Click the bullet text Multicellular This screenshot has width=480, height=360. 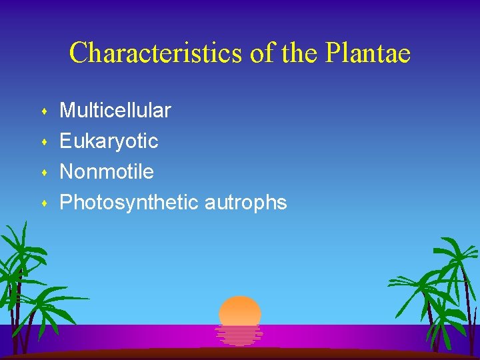point(115,110)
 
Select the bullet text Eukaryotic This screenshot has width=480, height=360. point(109,141)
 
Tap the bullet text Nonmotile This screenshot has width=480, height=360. point(107,171)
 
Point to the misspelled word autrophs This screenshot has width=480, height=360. point(245,203)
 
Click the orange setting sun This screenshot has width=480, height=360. point(240,311)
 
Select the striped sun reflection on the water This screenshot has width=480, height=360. point(239,335)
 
